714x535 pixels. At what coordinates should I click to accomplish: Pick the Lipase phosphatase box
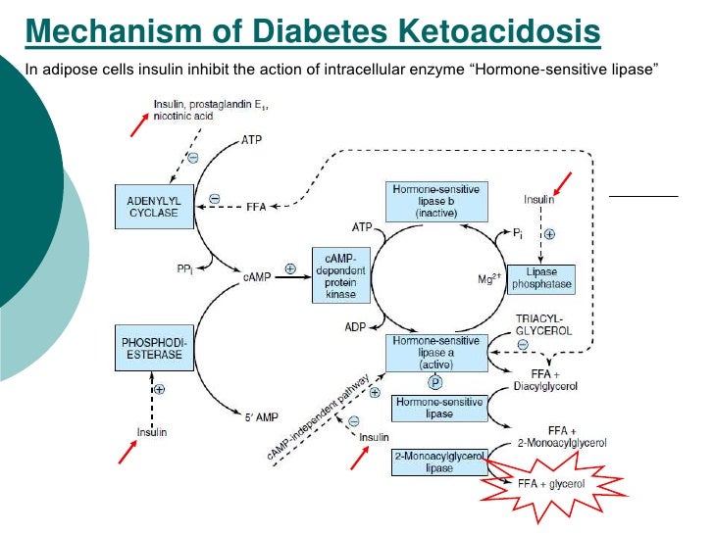[540, 278]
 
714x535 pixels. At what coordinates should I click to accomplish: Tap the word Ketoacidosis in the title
[489, 32]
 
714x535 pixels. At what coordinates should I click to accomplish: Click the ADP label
[355, 325]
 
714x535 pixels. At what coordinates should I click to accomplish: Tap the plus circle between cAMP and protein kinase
[290, 267]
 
